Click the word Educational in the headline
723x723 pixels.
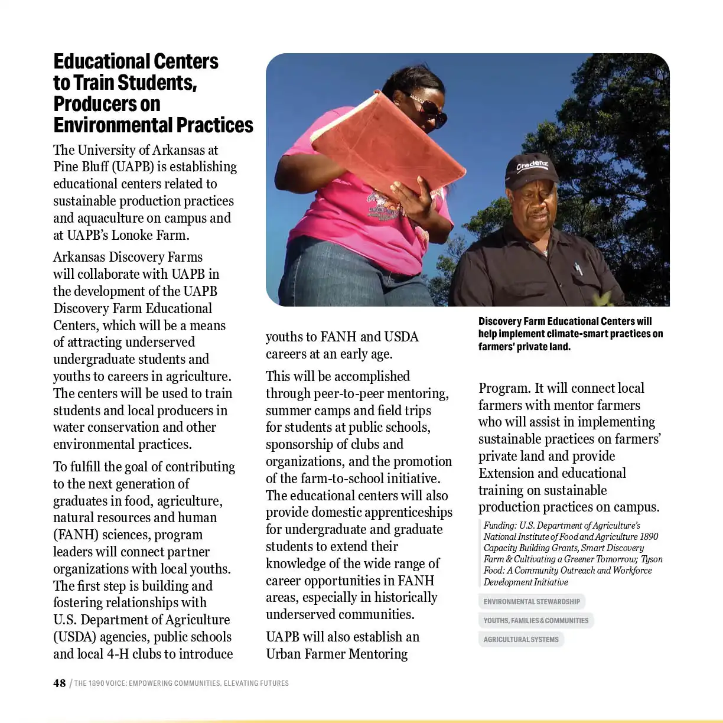click(x=102, y=61)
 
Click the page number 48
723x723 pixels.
click(x=59, y=683)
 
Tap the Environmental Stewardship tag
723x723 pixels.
click(x=532, y=602)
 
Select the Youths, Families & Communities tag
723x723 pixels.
click(x=536, y=621)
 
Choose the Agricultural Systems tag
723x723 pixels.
click(x=521, y=640)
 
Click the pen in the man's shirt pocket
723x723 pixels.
click(x=578, y=268)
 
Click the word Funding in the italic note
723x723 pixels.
click(x=500, y=526)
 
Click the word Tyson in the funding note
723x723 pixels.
click(x=652, y=559)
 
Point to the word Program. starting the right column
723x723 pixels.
click(x=504, y=388)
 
